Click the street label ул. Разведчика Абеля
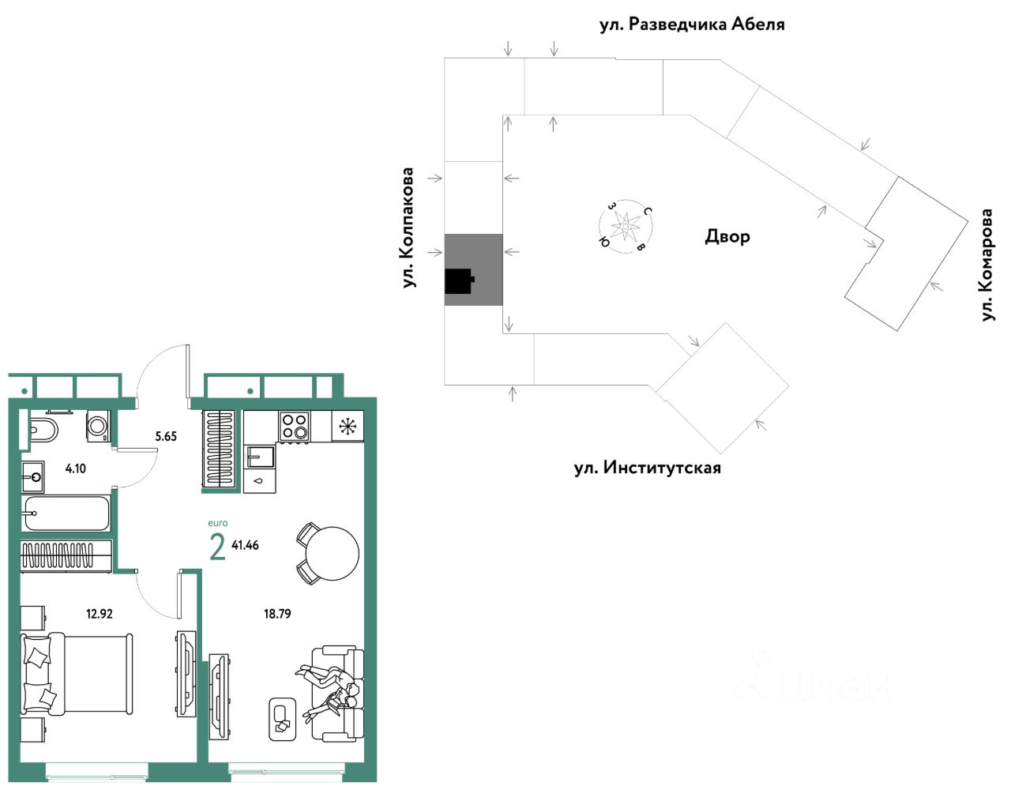pos(692,24)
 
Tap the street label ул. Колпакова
pos(408,228)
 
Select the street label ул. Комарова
pos(987,265)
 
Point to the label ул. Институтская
pos(647,468)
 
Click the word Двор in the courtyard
pos(727,236)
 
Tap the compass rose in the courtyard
pos(626,226)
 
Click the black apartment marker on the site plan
pos(459,280)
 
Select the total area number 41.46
pos(245,545)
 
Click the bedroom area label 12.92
pos(100,613)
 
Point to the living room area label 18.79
pos(277,613)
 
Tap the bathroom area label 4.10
pos(76,468)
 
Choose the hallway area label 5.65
pos(166,436)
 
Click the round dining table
pos(332,554)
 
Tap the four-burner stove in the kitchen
pos(295,426)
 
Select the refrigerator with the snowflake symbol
pos(348,427)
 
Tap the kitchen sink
pos(259,457)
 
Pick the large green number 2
pos(217,546)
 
